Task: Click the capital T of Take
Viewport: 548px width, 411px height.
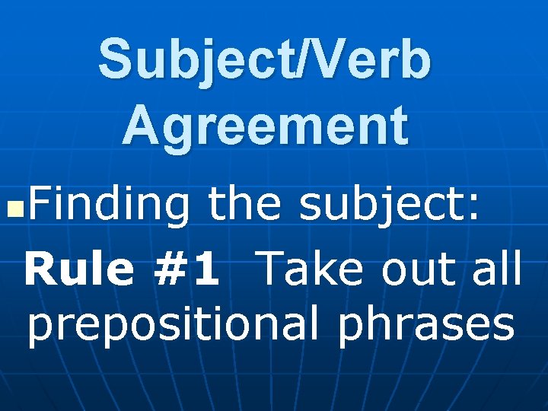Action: (272, 270)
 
